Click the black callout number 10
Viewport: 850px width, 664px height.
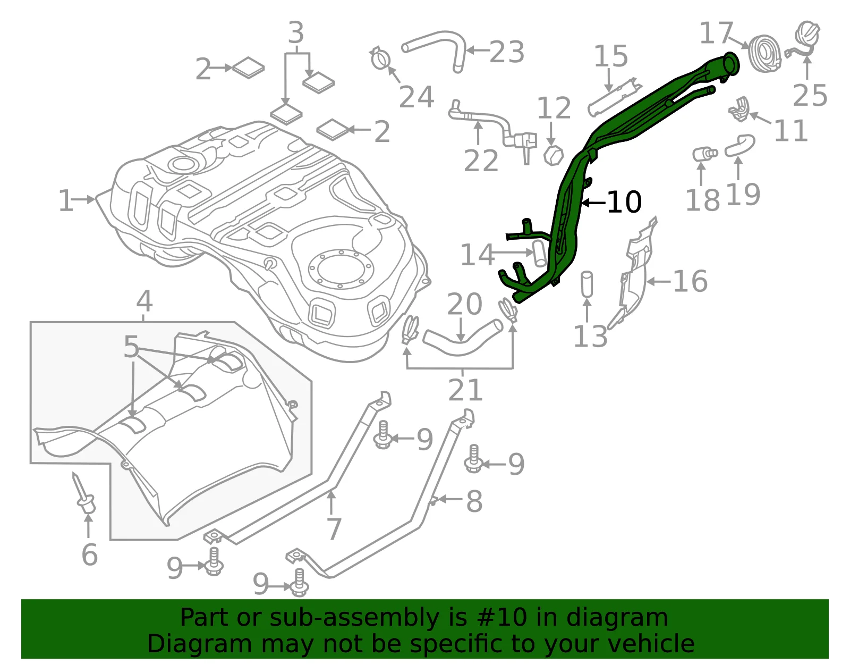tap(624, 203)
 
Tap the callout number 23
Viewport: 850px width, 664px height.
tap(507, 52)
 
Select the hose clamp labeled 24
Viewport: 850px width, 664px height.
tap(380, 59)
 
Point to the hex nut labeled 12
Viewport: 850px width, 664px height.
tap(554, 155)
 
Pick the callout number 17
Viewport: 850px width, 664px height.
tap(716, 33)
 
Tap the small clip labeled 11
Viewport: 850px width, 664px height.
tap(739, 109)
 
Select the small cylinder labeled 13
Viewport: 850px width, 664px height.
tap(586, 284)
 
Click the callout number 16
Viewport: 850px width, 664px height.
tap(690, 281)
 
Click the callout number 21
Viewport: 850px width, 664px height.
tap(465, 390)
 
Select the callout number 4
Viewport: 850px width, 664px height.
tap(144, 301)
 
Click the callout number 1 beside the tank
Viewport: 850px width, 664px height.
tap(65, 201)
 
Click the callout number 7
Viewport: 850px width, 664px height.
tap(334, 529)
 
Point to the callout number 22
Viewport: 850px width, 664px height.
tap(481, 161)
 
